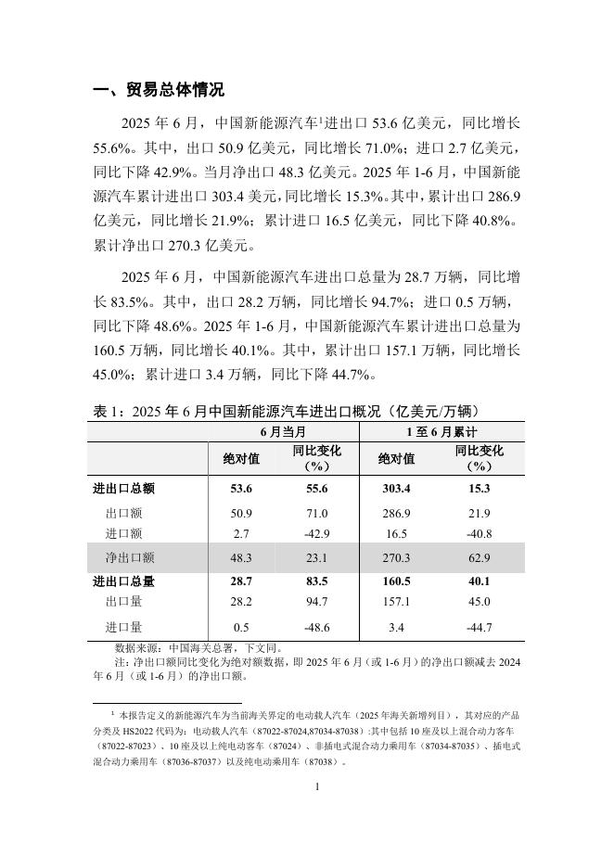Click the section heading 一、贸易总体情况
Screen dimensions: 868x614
159,90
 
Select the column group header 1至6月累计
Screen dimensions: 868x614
441,432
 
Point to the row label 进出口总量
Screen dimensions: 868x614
124,581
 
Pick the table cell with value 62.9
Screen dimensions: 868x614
479,557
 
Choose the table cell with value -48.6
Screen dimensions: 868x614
316,628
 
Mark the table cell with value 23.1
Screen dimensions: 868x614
316,557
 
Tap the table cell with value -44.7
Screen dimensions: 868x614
479,628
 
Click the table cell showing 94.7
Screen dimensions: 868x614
316,602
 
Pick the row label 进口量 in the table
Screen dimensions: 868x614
123,628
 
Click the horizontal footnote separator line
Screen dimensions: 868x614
167,703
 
